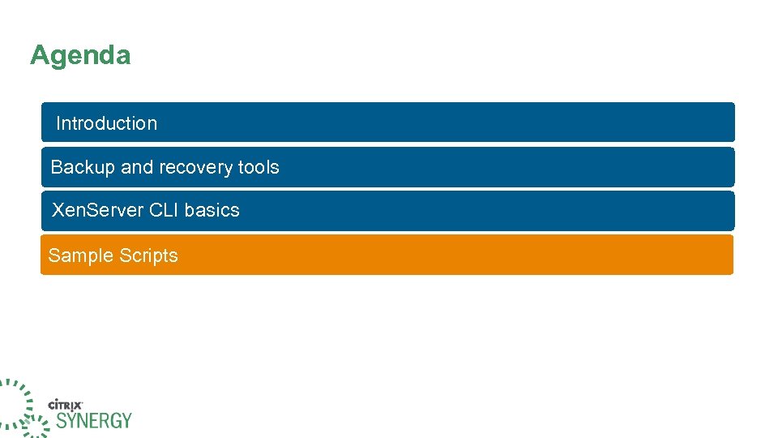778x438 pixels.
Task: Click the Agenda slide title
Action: coord(80,55)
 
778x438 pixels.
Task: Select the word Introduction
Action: coord(106,123)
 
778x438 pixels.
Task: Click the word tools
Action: coord(259,167)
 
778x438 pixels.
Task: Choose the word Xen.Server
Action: coord(98,210)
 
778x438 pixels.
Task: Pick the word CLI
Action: coord(165,210)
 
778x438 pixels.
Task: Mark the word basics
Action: coord(212,210)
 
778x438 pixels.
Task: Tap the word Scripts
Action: coord(148,255)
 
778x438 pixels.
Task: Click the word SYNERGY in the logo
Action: coord(93,420)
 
